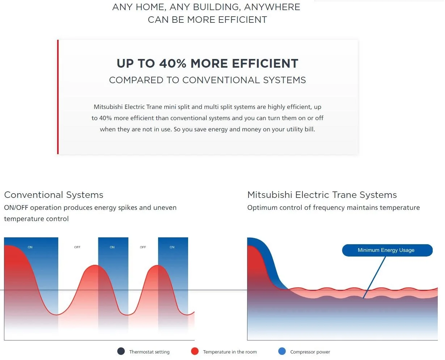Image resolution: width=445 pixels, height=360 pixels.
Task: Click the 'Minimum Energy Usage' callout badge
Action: coord(387,250)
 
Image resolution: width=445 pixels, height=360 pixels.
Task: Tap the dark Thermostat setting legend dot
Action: coord(121,351)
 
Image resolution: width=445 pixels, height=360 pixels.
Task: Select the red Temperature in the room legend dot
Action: coord(195,351)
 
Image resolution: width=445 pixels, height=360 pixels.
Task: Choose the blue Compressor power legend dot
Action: coord(282,351)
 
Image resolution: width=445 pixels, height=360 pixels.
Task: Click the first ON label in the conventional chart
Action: coord(30,247)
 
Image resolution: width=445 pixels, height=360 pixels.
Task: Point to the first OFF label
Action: coord(77,247)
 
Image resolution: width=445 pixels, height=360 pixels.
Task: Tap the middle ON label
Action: coord(112,247)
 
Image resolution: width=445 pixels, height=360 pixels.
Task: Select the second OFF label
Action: coord(143,247)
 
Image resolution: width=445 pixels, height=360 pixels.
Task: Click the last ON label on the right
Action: coord(172,247)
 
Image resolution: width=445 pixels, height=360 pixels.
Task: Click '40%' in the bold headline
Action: coord(173,63)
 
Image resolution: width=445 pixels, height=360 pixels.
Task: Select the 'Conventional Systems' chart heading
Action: coord(54,195)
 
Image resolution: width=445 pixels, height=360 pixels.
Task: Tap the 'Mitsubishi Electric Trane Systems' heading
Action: coord(322,195)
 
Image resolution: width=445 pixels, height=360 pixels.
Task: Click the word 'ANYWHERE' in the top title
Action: coord(272,7)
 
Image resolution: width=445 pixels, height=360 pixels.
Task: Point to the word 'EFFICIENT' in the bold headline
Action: coord(265,63)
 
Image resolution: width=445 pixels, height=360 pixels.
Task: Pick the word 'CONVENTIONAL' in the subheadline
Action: coord(221,80)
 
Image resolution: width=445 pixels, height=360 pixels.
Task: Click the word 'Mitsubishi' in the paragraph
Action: coord(108,107)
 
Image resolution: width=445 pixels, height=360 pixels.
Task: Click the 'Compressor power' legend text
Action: coord(310,352)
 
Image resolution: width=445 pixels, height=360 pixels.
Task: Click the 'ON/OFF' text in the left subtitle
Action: coord(16,208)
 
